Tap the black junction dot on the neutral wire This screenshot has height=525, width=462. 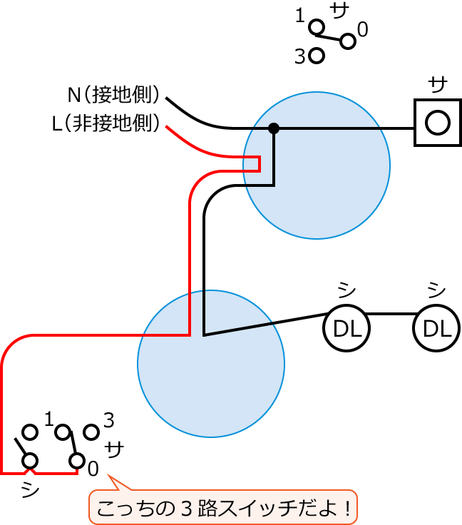(274, 128)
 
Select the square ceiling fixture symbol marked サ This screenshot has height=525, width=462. (437, 123)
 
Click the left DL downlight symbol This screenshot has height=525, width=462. (346, 329)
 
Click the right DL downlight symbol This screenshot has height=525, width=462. (436, 329)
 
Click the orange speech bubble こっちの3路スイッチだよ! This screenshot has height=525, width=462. (222, 507)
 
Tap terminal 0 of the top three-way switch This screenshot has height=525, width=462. (348, 41)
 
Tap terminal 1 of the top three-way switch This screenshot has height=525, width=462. (317, 27)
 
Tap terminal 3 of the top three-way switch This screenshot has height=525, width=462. (317, 56)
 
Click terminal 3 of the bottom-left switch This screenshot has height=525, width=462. (91, 432)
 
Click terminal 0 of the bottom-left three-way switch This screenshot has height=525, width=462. (77, 461)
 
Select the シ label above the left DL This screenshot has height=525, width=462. (346, 290)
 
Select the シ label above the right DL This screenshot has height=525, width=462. (436, 290)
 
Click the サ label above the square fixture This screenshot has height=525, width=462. (438, 84)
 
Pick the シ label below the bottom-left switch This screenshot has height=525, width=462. (30, 490)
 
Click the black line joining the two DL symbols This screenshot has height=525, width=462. (391, 314)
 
